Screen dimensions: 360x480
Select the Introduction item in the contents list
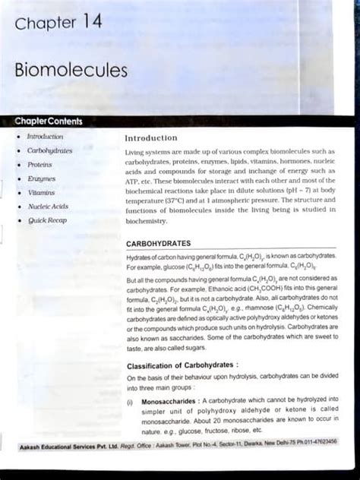[x=45, y=137]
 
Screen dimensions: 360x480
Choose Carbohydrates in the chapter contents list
[x=49, y=150]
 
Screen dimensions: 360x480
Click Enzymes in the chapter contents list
[x=41, y=178]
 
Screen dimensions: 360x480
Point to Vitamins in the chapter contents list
[x=41, y=192]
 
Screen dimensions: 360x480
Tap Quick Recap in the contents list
[x=47, y=220]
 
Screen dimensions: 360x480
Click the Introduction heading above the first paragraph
[x=151, y=138]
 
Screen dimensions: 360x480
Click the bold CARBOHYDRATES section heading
[x=160, y=244]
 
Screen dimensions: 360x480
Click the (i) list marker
[x=131, y=399]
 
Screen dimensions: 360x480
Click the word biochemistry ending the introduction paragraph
[x=146, y=221]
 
